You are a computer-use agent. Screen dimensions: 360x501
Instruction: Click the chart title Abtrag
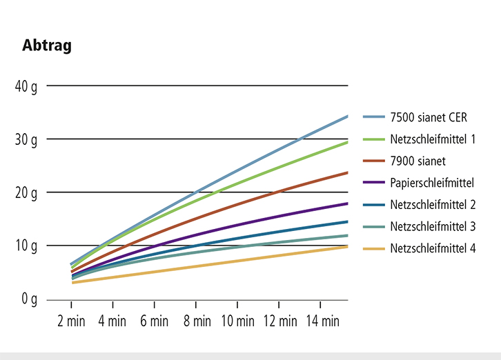[x=47, y=46]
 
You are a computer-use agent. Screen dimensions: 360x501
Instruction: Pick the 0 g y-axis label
[x=29, y=299]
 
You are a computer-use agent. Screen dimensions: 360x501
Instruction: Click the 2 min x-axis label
[x=72, y=321]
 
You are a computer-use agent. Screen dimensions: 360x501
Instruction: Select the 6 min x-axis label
[x=155, y=321]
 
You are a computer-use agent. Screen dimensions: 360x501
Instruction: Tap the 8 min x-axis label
[x=196, y=321]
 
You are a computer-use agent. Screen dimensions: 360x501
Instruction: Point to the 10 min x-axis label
[x=237, y=321]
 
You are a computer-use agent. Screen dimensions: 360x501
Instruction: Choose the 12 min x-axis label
[x=279, y=321]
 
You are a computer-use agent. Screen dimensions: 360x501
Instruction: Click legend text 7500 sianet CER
[x=429, y=117]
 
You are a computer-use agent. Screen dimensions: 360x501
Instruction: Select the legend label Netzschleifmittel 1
[x=433, y=139]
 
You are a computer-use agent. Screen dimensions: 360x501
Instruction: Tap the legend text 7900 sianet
[x=418, y=161]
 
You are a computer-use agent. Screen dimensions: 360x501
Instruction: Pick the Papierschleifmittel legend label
[x=432, y=183]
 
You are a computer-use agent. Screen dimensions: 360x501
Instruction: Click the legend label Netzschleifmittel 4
[x=433, y=248]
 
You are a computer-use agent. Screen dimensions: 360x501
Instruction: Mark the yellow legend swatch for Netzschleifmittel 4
[x=371, y=248]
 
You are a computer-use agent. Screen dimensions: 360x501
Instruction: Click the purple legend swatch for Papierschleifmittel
[x=371, y=183]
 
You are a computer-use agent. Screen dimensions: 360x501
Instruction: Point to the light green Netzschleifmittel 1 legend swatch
[x=371, y=139]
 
